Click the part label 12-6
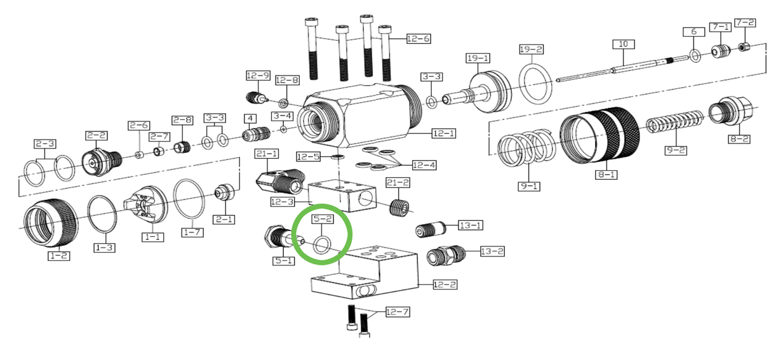pos(419,39)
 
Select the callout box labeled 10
pos(623,44)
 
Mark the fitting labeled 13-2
pos(447,256)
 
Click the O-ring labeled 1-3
pos(102,213)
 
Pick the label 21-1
pos(267,154)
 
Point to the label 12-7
pos(398,312)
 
